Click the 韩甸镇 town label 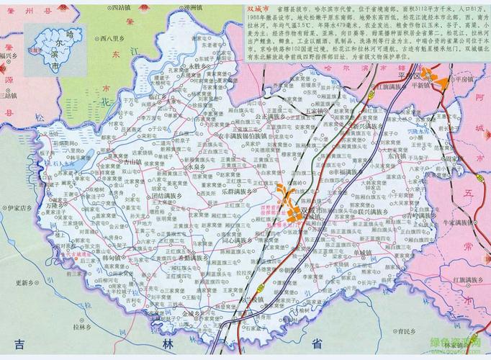click(x=110, y=257)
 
